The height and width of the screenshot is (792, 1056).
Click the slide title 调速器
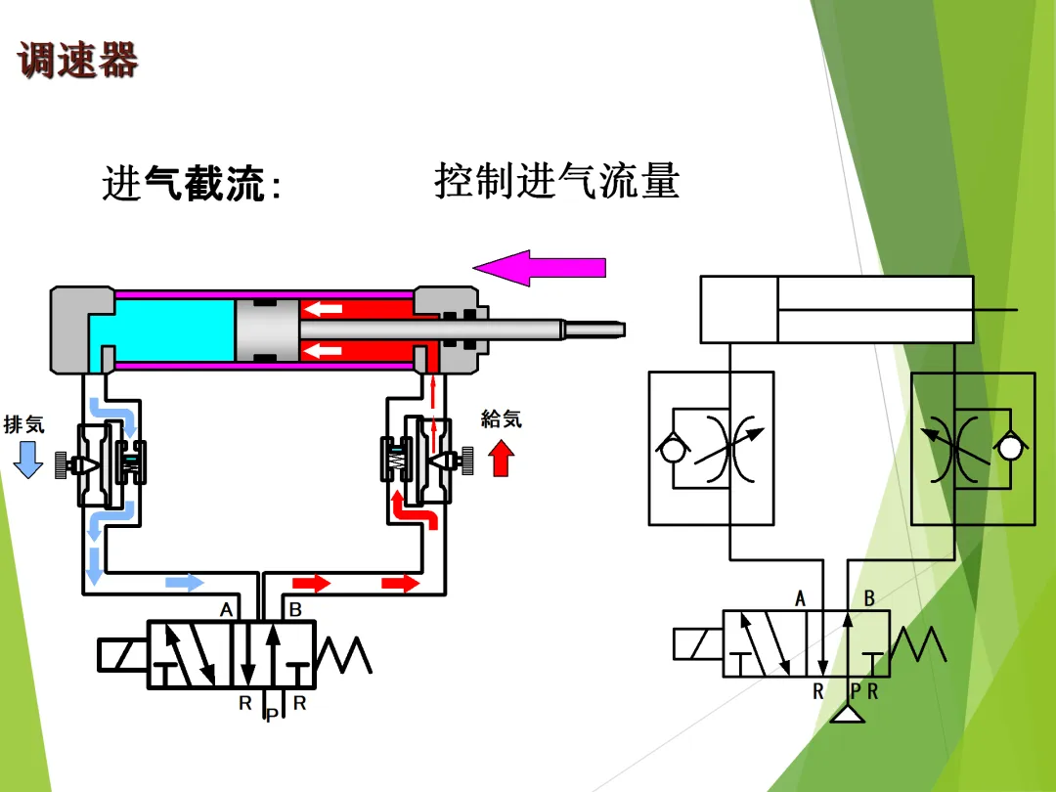78,60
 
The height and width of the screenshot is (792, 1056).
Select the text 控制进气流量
556,182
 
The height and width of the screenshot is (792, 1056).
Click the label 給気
502,419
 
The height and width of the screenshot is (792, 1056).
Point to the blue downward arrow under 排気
28,459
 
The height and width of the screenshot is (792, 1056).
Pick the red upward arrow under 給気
502,457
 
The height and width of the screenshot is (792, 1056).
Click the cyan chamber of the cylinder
166,332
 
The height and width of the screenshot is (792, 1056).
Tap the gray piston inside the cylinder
265,330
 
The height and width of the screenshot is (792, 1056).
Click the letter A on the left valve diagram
227,609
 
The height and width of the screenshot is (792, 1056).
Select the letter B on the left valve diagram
295,609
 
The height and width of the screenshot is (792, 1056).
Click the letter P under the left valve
271,716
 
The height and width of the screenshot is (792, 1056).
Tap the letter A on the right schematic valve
801,598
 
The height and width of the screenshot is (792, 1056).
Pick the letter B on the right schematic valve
869,598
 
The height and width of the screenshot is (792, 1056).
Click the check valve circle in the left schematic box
672,448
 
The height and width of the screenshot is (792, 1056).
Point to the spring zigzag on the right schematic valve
919,643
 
